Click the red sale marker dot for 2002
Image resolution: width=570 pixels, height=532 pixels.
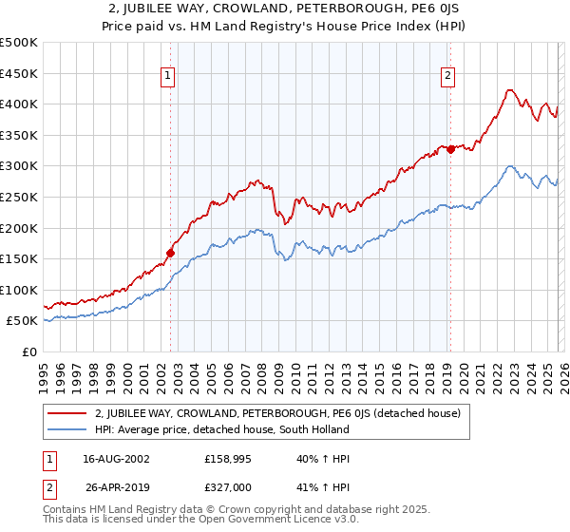coord(171,253)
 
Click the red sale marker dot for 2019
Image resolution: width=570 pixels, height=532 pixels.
coord(450,149)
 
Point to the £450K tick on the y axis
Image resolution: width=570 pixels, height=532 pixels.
coord(20,73)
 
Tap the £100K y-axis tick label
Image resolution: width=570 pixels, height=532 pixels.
coord(20,290)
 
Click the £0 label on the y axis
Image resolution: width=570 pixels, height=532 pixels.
coord(30,351)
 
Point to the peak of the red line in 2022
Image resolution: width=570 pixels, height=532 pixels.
coord(509,90)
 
